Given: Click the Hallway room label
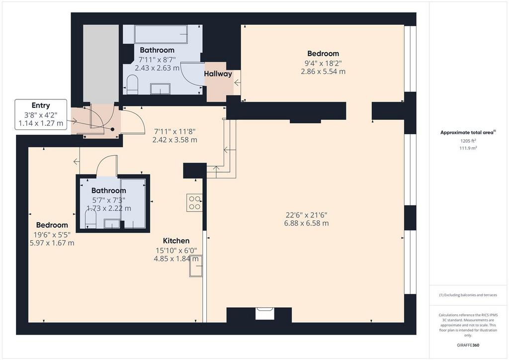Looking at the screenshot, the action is click(218, 74).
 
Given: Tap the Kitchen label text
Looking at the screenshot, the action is click(176, 241).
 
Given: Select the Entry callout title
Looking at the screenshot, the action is click(41, 105).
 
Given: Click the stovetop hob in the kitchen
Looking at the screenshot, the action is click(194, 202).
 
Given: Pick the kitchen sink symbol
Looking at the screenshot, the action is click(196, 266).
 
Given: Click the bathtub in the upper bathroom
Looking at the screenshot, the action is click(161, 34).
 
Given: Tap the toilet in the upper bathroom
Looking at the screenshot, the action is click(132, 84).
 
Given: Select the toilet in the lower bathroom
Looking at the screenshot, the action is click(90, 219).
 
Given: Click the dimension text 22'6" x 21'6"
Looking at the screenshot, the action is click(306, 215).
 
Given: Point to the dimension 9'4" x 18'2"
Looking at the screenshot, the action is click(323, 63).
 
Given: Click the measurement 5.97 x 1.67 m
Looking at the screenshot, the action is click(52, 243).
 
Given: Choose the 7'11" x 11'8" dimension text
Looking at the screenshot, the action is click(174, 131).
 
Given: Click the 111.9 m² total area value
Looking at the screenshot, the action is click(468, 148).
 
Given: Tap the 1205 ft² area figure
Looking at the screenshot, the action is click(468, 141).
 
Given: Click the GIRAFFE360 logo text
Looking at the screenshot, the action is click(468, 345).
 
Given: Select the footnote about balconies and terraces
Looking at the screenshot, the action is click(468, 295).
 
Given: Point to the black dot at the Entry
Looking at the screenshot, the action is click(113, 129).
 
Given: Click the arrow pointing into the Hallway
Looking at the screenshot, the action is click(237, 83).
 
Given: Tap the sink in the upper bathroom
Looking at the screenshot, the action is click(161, 89).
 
